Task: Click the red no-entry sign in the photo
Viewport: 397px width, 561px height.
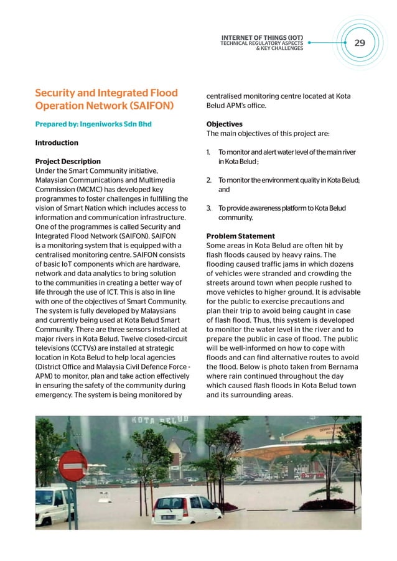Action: point(73,465)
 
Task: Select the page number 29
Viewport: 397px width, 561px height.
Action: point(360,42)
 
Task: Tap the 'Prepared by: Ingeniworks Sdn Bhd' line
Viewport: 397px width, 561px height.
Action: point(93,124)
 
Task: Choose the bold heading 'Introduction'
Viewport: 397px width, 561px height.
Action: point(57,142)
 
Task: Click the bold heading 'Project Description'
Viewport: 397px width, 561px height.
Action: point(68,162)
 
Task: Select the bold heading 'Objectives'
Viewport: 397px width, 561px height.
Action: point(225,124)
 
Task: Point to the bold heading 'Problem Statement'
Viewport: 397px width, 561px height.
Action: point(240,236)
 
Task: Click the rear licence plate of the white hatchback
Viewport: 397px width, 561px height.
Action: point(168,517)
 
